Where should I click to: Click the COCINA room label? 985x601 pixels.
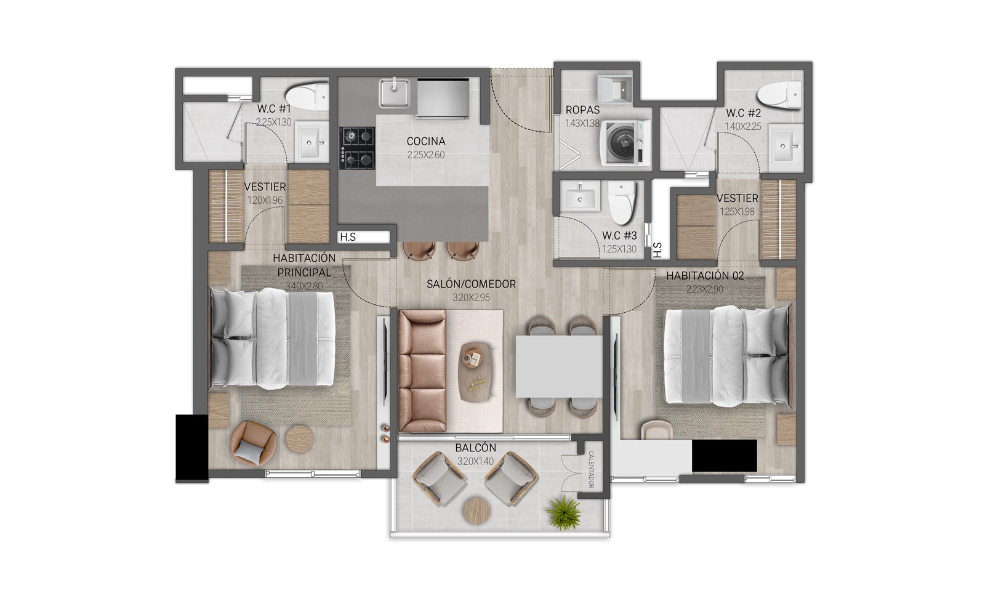pos(425,141)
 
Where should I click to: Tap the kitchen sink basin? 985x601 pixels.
pos(394,92)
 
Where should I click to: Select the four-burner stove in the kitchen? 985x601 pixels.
pos(356,148)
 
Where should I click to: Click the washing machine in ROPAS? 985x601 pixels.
pos(625,143)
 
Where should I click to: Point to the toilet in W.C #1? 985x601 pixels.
pos(307,96)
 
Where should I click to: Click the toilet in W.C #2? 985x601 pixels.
pos(779,94)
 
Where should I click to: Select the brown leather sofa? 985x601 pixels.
pos(422,371)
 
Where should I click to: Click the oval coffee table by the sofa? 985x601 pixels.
pos(475,372)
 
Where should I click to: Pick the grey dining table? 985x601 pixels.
pos(559,366)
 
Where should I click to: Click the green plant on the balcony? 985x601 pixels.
pos(563,512)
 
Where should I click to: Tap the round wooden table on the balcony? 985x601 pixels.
pos(476,510)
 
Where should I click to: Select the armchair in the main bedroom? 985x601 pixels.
pos(253,443)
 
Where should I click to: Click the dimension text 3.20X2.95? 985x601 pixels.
pos(471,297)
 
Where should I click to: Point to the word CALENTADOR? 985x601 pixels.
pos(591,469)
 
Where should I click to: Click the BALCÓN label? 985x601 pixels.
pos(475,448)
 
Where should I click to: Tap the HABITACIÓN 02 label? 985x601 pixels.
pos(705,276)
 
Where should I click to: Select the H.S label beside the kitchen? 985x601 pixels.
pos(348,237)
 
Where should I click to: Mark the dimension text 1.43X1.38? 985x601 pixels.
pos(582,123)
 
